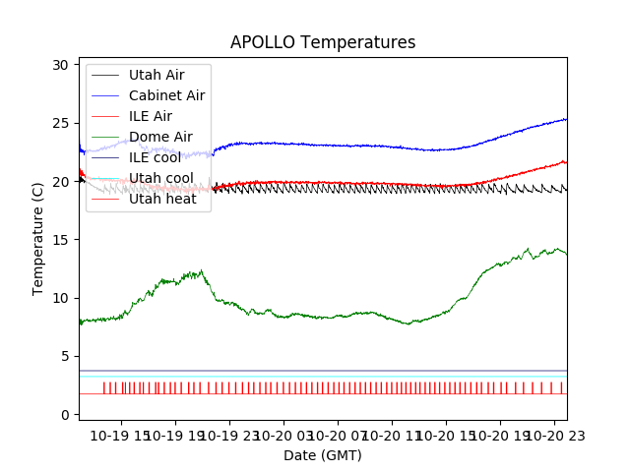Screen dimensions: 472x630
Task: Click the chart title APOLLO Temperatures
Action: (x=323, y=43)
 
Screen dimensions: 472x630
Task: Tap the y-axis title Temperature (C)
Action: (x=38, y=238)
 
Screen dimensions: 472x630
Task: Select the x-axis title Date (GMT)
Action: (x=323, y=455)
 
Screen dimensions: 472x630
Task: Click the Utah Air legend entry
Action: (x=156, y=75)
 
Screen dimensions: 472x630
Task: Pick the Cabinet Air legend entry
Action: (x=166, y=95)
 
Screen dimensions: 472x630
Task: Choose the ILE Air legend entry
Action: (x=151, y=116)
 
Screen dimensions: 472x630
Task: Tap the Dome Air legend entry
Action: (x=160, y=137)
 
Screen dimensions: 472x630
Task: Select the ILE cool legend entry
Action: (x=155, y=157)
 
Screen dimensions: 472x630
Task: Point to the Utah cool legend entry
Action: (x=160, y=178)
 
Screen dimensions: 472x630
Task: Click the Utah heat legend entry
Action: (x=161, y=199)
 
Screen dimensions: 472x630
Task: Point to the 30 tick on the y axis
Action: (x=61, y=65)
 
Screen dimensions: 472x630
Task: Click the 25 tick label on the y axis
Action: (x=61, y=123)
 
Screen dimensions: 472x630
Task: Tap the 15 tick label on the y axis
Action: (x=61, y=240)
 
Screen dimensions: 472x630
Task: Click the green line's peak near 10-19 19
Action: (x=201, y=270)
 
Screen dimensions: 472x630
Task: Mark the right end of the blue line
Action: (x=566, y=119)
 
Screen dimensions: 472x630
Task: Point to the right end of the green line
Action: (x=566, y=255)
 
